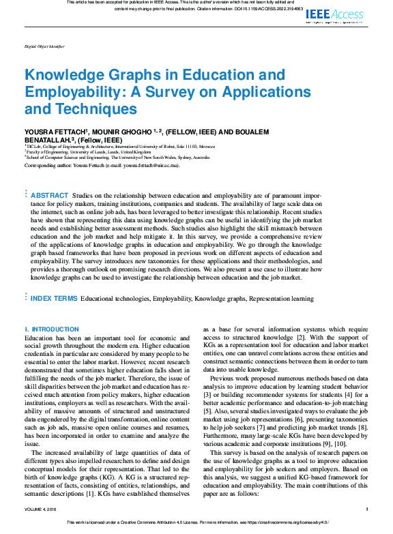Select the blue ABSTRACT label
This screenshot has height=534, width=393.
[x=50, y=195]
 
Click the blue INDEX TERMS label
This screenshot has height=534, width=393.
[x=54, y=298]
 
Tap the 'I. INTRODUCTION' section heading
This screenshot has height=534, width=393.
[x=52, y=329]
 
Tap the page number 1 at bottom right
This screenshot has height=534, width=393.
[x=366, y=509]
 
